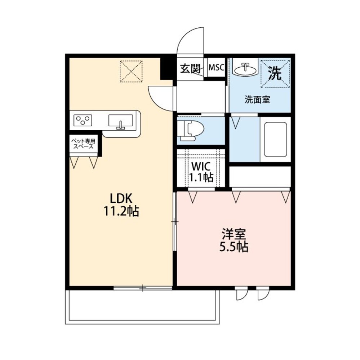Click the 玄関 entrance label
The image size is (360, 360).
point(190,68)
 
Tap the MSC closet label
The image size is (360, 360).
point(216,67)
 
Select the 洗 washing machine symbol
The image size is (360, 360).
point(275,73)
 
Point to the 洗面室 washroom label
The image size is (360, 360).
point(257,100)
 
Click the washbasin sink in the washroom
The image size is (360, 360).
point(245,68)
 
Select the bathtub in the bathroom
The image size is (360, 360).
point(275,139)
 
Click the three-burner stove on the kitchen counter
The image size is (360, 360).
point(83,120)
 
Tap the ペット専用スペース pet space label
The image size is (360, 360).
point(83,144)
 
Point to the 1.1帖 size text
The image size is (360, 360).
point(201,177)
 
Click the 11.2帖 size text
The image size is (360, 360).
point(121,211)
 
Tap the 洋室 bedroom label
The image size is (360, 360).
point(234,234)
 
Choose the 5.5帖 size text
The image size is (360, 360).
point(234,247)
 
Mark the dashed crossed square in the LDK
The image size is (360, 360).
point(131,71)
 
